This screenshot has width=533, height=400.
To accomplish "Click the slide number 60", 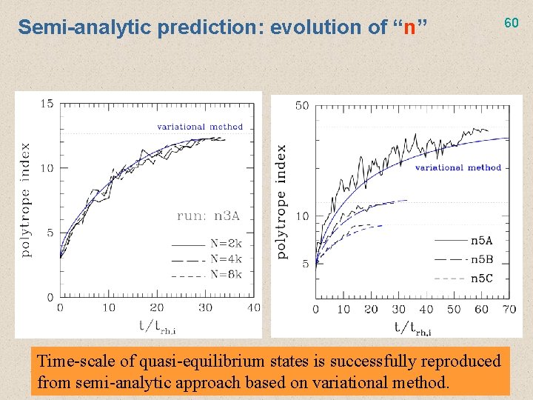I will [x=512, y=23].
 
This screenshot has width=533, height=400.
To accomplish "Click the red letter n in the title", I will [x=409, y=28].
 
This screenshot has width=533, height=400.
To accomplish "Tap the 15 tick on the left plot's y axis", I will [x=47, y=103].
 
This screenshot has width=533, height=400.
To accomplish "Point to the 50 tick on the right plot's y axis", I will [x=302, y=106].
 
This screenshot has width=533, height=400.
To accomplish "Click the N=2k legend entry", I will [x=226, y=244].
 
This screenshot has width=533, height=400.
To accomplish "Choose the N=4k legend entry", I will [x=226, y=259].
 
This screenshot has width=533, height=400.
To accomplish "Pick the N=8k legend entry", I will [x=226, y=273].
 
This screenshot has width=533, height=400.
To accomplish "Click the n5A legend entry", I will [x=481, y=240].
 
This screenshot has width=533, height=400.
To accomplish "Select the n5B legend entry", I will [x=481, y=259].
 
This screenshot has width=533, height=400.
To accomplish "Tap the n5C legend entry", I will [x=481, y=279].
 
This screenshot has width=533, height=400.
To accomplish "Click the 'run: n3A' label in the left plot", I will [x=208, y=216].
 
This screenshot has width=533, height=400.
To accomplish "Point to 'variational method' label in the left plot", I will [x=200, y=127].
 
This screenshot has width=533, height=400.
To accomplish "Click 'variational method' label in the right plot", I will [x=457, y=167].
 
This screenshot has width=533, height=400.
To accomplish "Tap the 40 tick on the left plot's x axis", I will [x=253, y=307].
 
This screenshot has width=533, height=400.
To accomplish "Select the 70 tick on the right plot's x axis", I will [x=509, y=309].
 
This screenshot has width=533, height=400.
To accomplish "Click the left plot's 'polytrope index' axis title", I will [x=26, y=200].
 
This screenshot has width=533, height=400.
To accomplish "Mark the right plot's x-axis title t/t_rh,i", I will [x=412, y=327].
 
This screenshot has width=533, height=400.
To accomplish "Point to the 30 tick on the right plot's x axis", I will [x=399, y=309].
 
